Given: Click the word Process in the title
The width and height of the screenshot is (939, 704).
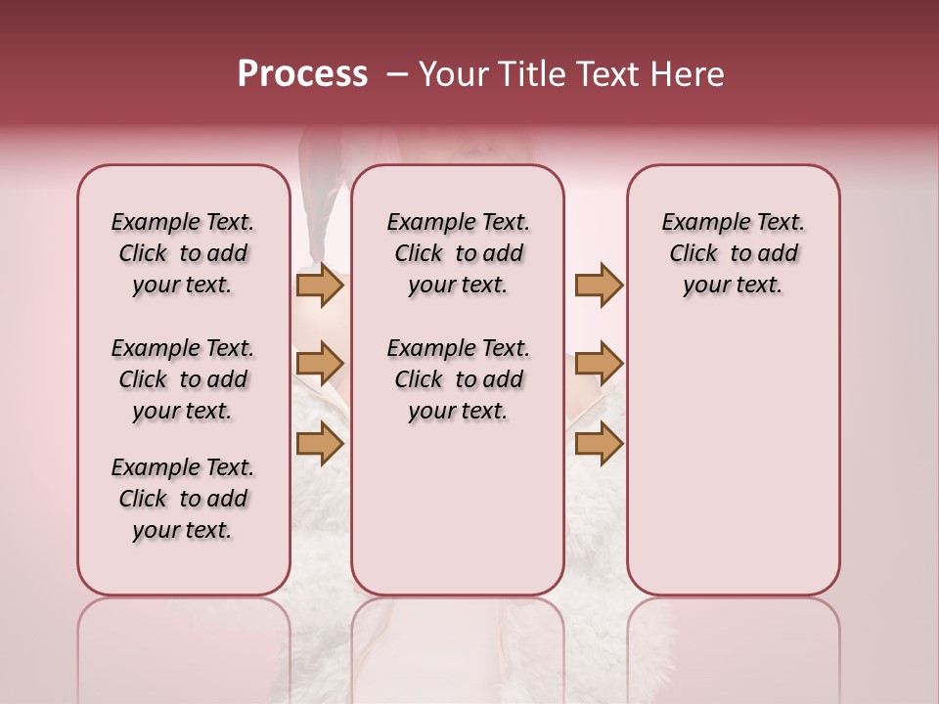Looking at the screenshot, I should (302, 74).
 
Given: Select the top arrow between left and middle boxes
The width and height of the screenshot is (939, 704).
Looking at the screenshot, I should (320, 286).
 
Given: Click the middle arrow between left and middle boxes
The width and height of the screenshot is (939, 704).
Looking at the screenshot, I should (320, 364).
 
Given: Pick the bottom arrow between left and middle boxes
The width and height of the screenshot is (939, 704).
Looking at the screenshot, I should (320, 443).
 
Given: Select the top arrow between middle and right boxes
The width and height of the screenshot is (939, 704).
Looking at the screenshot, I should (599, 286).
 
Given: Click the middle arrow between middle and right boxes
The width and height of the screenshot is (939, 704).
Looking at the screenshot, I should (599, 364).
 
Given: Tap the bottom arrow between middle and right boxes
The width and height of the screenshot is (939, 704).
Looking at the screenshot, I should (599, 443).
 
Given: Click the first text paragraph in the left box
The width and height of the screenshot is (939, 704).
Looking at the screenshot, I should (183, 253).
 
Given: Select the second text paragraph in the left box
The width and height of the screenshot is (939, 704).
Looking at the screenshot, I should (183, 379).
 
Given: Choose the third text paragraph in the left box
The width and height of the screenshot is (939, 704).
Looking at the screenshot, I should (183, 499).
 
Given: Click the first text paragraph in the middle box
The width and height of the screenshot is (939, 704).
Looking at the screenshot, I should (458, 253).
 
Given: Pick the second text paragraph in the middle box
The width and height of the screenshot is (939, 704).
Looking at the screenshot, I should (458, 379).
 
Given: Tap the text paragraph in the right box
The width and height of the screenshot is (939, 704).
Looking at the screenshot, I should (733, 253).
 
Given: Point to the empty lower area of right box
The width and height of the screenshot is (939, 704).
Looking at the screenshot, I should (733, 469).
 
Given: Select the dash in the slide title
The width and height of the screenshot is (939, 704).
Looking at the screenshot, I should (397, 74).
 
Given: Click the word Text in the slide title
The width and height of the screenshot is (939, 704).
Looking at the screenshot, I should (606, 74).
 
